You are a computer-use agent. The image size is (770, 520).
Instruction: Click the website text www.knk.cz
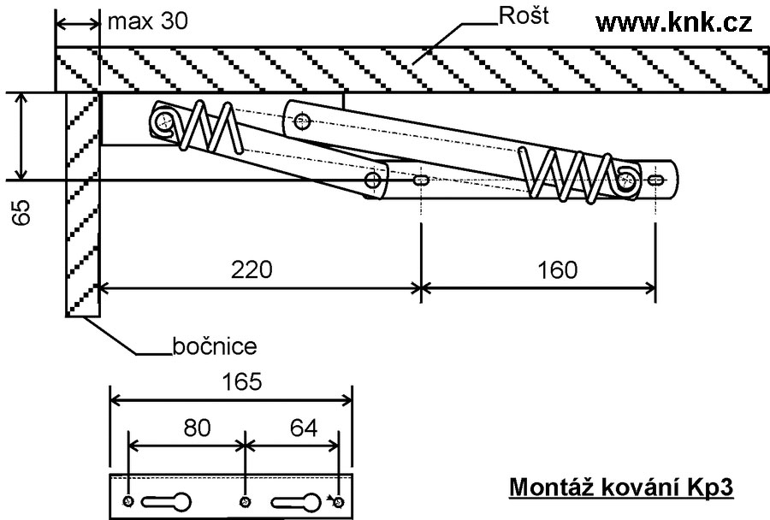673,23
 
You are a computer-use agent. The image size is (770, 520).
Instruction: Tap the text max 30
148,21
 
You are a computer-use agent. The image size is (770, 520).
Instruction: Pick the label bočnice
215,346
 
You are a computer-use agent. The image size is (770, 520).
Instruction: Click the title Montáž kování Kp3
621,487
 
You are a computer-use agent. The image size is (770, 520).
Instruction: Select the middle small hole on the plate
246,500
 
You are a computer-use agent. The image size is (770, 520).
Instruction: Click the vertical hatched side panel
82,205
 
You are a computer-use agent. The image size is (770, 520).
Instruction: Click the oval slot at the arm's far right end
655,180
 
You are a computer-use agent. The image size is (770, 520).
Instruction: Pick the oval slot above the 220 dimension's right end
421,180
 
